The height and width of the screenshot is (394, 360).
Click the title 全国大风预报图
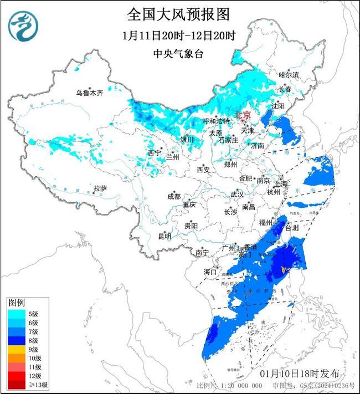(178, 14)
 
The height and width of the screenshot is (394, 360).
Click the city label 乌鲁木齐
(90, 93)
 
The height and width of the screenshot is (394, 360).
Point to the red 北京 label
(243, 115)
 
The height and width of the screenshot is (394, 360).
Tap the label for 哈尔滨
(288, 74)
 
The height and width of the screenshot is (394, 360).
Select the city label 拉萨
(100, 188)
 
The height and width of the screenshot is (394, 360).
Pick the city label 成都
(174, 196)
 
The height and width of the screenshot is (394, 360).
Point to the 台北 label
(291, 228)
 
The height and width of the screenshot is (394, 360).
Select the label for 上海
(280, 183)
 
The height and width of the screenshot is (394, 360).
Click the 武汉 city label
(236, 195)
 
